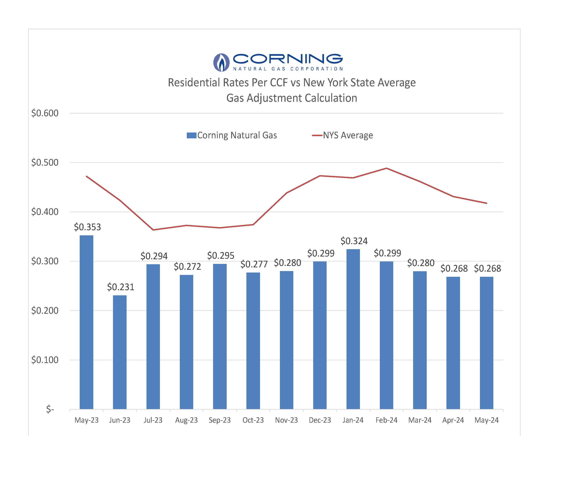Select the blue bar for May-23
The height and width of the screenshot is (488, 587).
(86, 322)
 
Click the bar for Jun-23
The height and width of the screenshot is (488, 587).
(120, 352)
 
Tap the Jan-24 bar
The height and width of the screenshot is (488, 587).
(353, 329)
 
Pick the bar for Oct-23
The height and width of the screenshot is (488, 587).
(253, 341)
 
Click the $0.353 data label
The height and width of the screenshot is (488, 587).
(87, 227)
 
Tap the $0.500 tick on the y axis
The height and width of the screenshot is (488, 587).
(45, 162)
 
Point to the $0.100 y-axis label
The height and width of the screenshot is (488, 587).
(45, 360)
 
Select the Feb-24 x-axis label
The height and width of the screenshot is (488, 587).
(386, 420)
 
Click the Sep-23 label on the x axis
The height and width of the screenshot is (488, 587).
(220, 420)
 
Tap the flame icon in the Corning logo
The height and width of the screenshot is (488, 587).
(221, 62)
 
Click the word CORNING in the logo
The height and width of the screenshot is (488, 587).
(288, 59)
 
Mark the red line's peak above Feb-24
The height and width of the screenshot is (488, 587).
(386, 168)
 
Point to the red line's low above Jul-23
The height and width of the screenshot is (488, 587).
(153, 230)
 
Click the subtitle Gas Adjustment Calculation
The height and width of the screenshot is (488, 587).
(291, 98)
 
